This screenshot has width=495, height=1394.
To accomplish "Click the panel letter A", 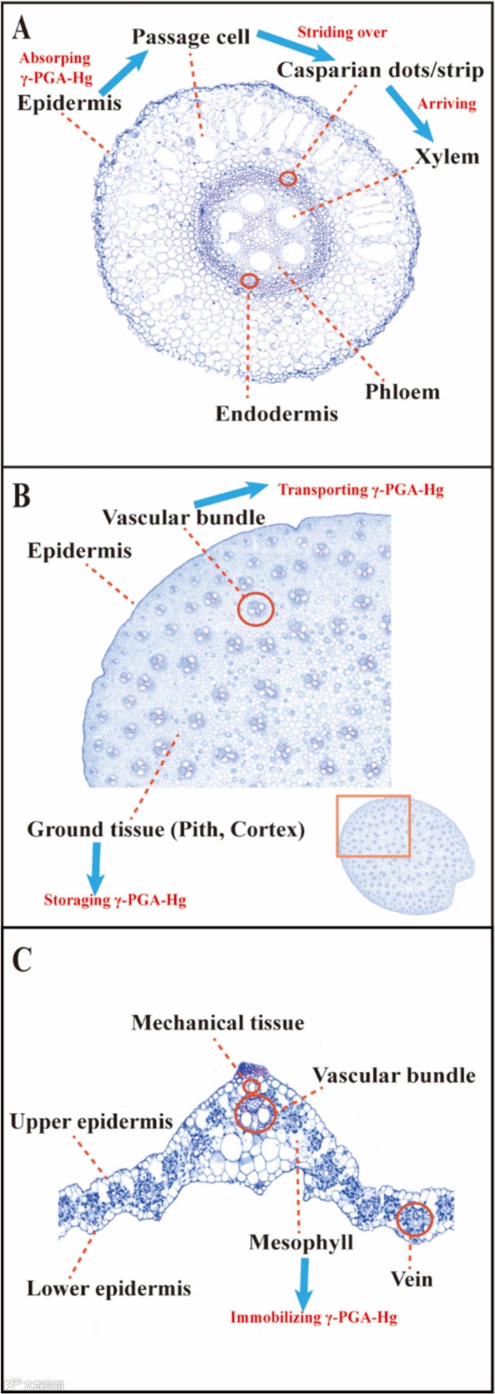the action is (21, 27).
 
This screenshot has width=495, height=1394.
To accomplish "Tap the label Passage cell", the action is (191, 37).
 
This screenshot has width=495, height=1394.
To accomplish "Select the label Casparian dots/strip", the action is (380, 71).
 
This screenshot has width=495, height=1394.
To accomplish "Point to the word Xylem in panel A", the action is (447, 157).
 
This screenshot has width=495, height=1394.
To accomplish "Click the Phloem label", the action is (402, 392).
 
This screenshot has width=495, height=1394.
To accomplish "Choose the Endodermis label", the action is (276, 413).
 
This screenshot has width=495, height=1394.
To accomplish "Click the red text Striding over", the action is (342, 33).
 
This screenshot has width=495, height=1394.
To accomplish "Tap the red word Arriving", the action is (446, 104).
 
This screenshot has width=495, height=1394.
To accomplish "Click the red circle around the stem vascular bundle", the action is (256, 609).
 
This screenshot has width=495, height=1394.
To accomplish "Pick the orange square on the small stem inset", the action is (373, 826).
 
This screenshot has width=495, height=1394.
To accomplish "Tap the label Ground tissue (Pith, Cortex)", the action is (165, 829).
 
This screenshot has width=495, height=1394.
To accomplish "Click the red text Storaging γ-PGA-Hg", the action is (115, 900).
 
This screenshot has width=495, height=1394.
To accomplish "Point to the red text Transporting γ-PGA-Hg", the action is (361, 490).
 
